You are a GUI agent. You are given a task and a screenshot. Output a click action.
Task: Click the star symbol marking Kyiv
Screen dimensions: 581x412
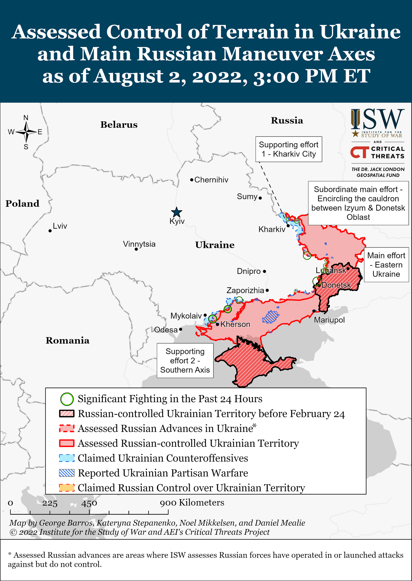tap(176, 212)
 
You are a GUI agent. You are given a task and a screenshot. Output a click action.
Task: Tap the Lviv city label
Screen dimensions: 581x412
tap(60, 226)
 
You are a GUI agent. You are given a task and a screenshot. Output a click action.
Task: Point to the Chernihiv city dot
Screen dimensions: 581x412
tap(192, 180)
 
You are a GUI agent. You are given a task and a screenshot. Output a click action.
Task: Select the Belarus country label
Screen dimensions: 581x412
tap(119, 125)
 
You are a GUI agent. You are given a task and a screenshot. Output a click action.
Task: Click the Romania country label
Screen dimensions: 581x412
tap(67, 341)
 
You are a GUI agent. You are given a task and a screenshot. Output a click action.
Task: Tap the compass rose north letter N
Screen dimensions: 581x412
tap(26, 118)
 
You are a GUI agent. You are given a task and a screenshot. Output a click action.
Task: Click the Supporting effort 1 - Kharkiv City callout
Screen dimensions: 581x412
tap(288, 149)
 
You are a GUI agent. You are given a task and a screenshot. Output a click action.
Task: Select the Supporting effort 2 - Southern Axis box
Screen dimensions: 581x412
tap(185, 361)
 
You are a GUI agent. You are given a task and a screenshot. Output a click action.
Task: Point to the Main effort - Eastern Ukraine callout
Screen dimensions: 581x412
tap(386, 265)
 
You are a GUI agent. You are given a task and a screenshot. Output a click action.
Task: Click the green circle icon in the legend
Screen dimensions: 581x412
tap(67, 399)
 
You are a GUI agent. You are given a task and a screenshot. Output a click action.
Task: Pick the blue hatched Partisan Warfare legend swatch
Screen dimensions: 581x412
tap(67, 473)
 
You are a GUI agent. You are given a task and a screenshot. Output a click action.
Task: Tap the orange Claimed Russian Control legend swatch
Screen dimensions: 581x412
tap(67, 488)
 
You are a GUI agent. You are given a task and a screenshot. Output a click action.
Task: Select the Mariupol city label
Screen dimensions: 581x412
tap(329, 320)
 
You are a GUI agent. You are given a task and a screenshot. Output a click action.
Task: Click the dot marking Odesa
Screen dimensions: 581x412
tap(181, 329)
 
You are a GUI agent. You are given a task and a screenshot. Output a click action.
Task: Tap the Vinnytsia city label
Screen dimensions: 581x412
tap(139, 244)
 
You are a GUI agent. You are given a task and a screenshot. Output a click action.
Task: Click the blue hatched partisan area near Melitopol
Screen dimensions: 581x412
tap(270, 317)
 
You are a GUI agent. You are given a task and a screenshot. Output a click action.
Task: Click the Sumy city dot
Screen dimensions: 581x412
tap(260, 198)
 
